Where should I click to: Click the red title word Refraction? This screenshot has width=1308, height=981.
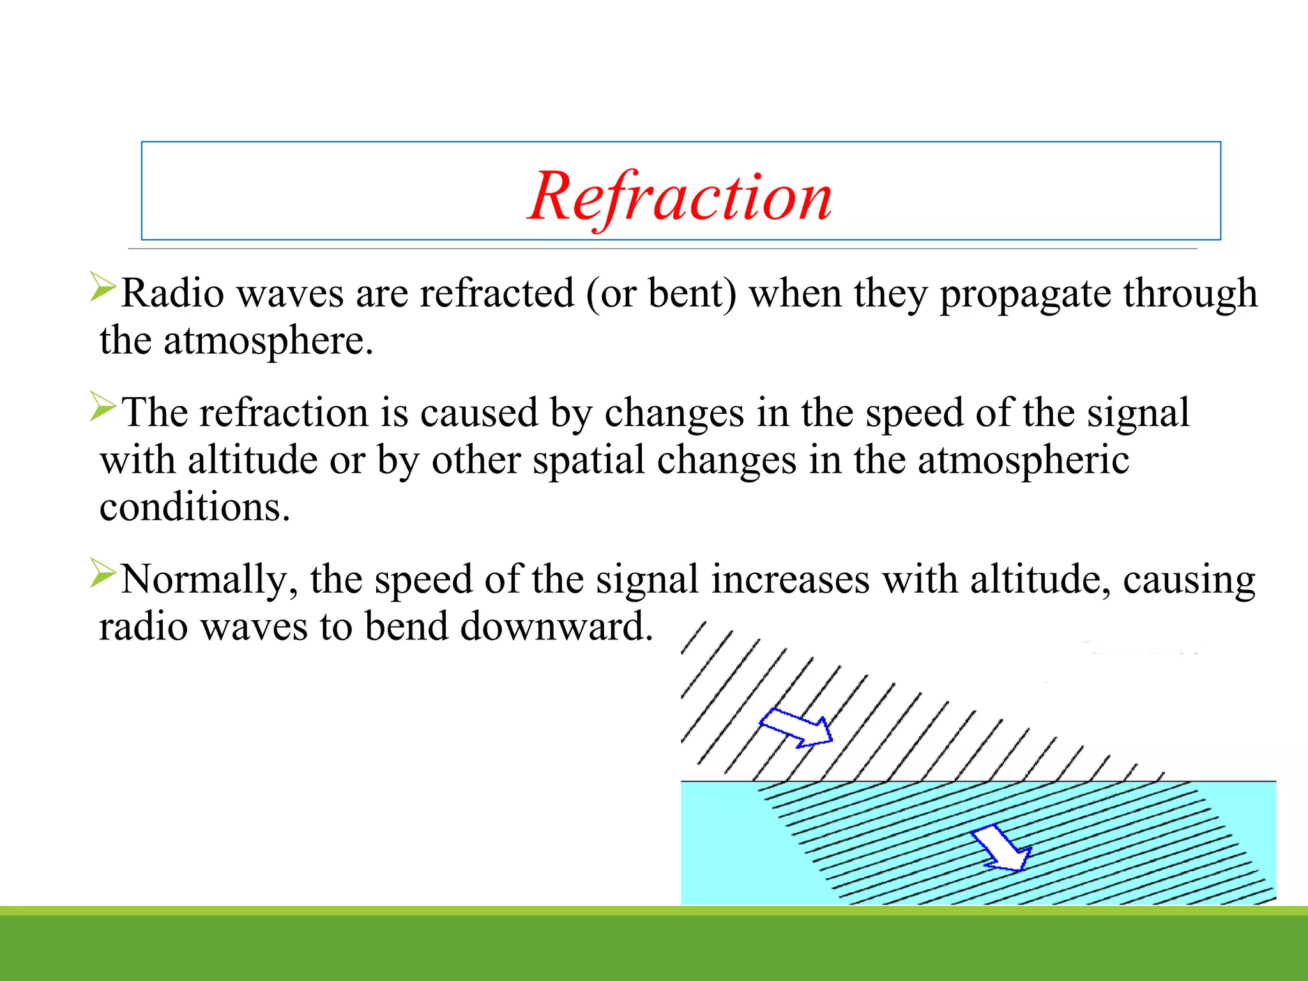680,197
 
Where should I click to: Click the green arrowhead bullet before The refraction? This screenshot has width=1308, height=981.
102,406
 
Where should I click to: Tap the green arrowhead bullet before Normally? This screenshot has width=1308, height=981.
102,573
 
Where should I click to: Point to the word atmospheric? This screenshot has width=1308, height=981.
1023,460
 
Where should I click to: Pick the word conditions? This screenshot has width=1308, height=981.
195,507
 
